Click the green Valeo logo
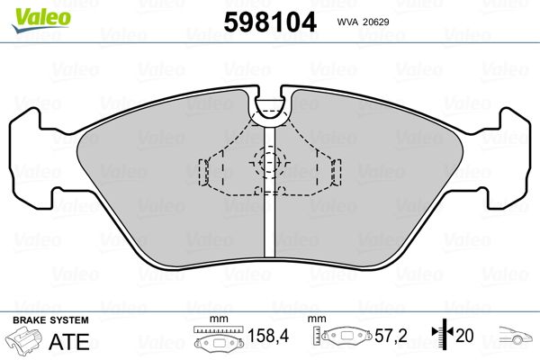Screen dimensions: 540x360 [x=41, y=20]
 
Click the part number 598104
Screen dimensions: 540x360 [x=270, y=22]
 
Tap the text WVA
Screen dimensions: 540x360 [x=347, y=22]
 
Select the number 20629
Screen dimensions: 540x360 [x=376, y=22]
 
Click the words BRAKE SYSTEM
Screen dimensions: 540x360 [x=50, y=320]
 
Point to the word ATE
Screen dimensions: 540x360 [x=69, y=342]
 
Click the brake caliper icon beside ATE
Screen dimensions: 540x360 [x=24, y=339]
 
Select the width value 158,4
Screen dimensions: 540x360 [x=268, y=336]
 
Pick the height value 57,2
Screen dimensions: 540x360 [x=391, y=336]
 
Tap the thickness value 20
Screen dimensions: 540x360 [x=464, y=336]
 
